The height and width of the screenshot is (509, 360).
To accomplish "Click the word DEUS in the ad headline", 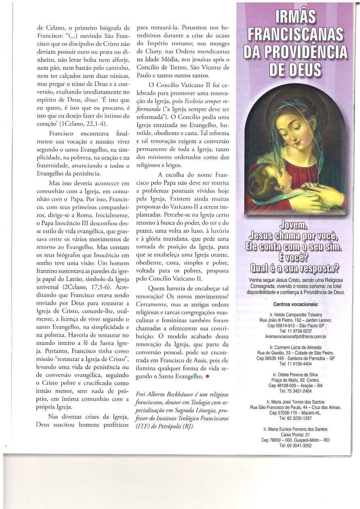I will [x=296, y=70].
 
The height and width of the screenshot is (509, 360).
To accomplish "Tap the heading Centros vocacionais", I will [x=295, y=304].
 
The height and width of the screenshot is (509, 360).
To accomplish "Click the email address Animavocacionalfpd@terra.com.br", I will [x=295, y=336].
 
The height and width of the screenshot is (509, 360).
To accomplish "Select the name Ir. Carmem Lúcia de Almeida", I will [x=295, y=347].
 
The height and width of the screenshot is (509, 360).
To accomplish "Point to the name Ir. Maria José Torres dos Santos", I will [x=295, y=402].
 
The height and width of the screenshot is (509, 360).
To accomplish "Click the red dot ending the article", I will [x=207, y=376].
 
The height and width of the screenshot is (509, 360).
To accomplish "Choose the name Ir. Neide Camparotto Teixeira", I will [x=295, y=315].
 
